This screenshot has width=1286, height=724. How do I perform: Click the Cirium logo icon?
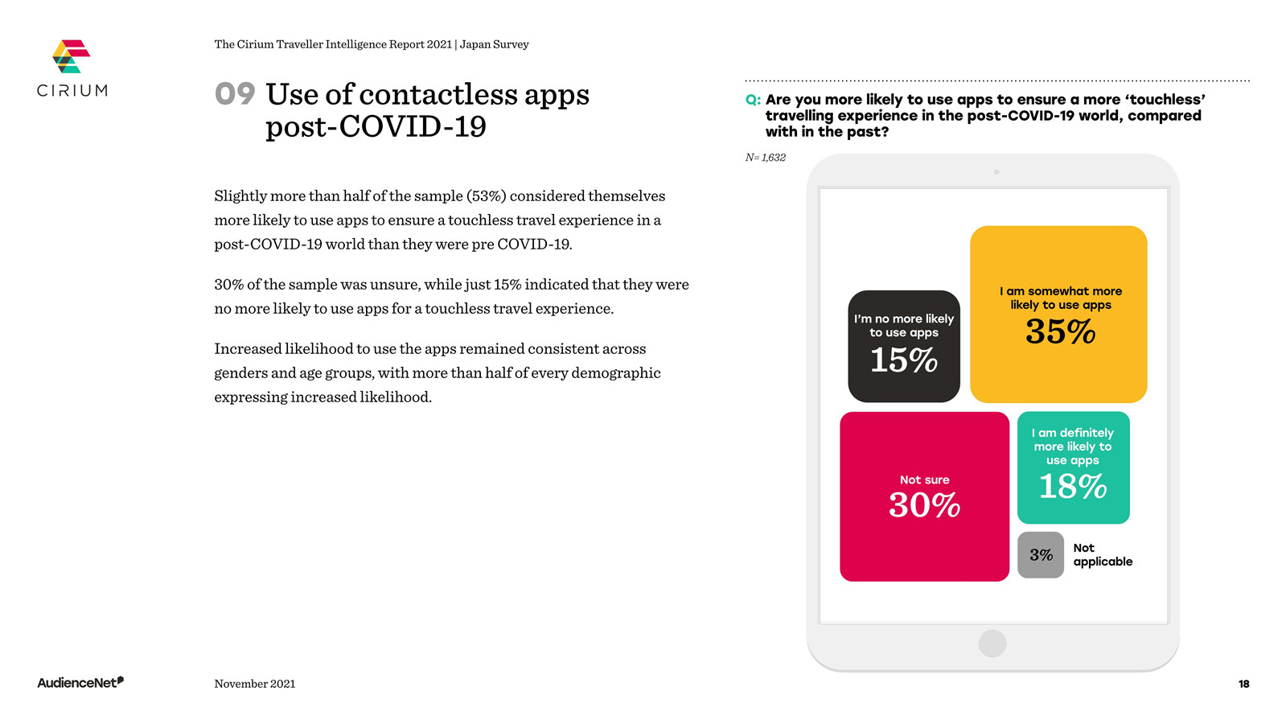tap(72, 56)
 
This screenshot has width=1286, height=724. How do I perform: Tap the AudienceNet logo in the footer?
tap(80, 682)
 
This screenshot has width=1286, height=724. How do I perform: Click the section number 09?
tap(235, 93)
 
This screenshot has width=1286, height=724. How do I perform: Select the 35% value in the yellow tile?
tap(1060, 332)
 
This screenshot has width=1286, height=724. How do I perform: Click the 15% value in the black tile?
tap(904, 360)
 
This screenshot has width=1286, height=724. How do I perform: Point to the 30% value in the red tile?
tap(924, 505)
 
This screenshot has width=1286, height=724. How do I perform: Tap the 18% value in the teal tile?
tap(1072, 487)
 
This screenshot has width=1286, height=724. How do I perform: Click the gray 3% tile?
tap(1041, 554)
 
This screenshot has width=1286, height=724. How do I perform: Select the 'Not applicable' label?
tap(1103, 554)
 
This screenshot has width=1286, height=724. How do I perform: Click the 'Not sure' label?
tap(924, 479)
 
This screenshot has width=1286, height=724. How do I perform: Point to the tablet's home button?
tap(992, 643)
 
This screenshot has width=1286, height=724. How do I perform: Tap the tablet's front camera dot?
tap(996, 172)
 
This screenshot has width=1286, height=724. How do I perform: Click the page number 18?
tap(1243, 684)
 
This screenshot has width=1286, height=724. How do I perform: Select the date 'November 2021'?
tap(255, 683)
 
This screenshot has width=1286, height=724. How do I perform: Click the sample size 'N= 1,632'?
tap(766, 158)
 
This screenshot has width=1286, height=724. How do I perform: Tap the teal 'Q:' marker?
tap(753, 100)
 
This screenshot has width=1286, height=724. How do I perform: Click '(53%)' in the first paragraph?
tap(487, 195)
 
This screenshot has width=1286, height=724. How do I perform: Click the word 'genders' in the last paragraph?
tap(240, 374)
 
